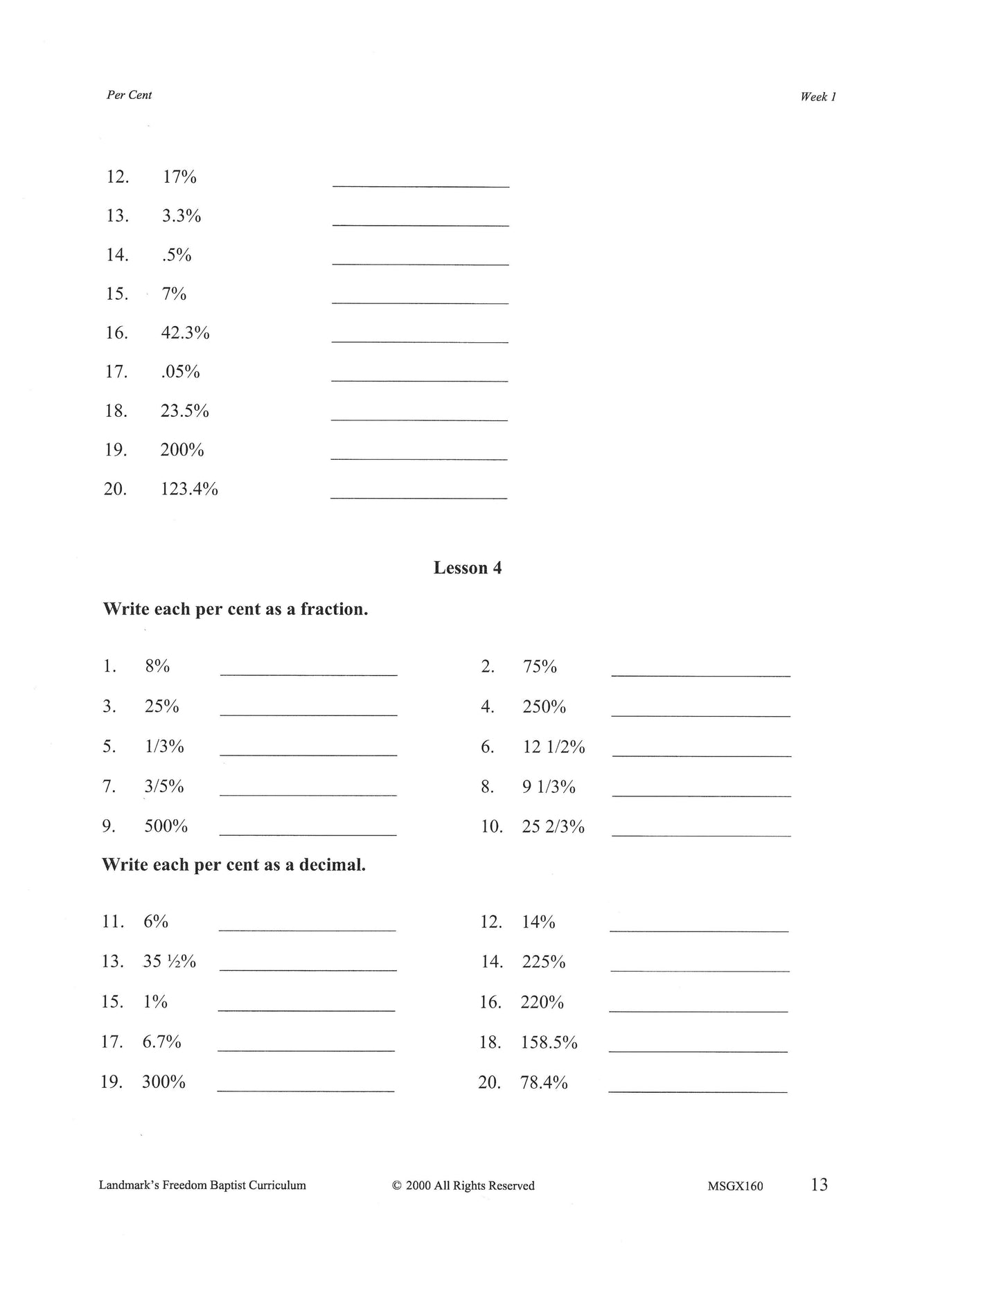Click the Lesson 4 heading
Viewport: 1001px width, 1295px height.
click(x=467, y=568)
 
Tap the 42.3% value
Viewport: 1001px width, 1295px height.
click(x=185, y=333)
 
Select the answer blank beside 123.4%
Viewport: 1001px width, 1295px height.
click(x=418, y=496)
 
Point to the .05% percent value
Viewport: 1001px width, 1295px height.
click(x=180, y=373)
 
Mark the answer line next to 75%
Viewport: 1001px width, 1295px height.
click(x=700, y=673)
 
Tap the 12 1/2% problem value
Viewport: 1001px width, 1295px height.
click(x=553, y=747)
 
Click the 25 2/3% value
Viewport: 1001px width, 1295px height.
click(x=553, y=827)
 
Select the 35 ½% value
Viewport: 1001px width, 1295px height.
click(x=169, y=962)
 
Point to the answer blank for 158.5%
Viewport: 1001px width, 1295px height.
click(x=698, y=1050)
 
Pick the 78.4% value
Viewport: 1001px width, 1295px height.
click(x=544, y=1082)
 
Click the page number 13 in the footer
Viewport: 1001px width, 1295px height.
click(x=819, y=1185)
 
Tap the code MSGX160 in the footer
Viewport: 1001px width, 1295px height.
click(x=735, y=1186)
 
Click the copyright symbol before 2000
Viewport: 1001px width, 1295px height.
click(x=397, y=1186)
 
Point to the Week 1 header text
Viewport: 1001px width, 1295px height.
click(x=818, y=97)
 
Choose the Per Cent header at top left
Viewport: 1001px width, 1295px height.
click(x=129, y=95)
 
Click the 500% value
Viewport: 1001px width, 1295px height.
click(x=166, y=827)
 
